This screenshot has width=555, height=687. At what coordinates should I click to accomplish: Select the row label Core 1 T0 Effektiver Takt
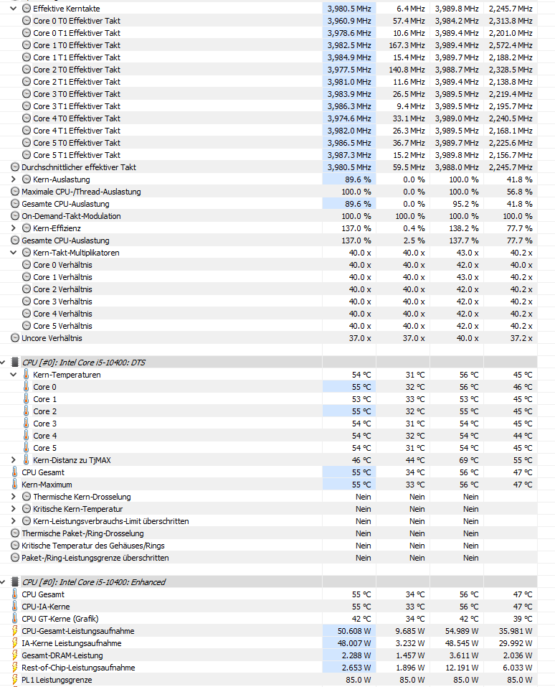(77, 45)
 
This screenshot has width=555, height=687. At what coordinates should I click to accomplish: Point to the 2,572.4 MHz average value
(511, 45)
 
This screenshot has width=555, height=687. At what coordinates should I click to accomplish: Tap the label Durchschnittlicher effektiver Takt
(79, 167)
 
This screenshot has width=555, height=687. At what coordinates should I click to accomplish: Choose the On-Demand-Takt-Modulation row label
(71, 216)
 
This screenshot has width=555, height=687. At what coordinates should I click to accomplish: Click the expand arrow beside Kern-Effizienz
(14, 228)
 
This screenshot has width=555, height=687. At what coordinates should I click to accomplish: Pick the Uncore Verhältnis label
(52, 338)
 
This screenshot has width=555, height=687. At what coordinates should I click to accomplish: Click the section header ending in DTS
(94, 363)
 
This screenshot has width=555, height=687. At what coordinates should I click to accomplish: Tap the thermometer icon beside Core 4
(27, 436)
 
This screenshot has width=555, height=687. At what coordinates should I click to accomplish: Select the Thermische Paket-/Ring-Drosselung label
(82, 533)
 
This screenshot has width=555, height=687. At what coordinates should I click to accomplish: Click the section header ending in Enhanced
(94, 582)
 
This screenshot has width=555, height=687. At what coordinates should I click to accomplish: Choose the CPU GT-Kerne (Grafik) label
(60, 619)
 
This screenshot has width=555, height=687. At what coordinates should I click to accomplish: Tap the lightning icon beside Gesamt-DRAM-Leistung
(15, 655)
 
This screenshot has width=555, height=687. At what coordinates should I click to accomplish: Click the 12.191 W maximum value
(460, 668)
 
